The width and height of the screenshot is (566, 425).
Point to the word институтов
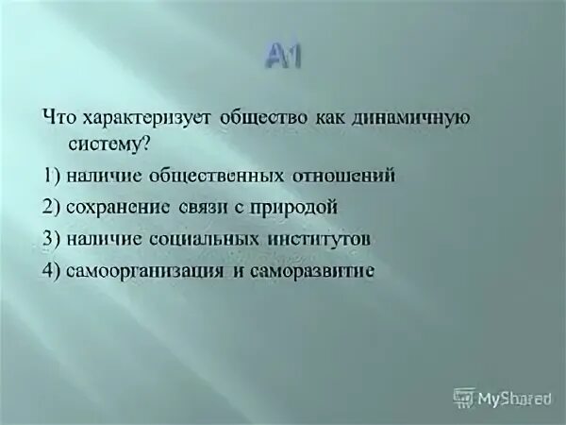[322, 239]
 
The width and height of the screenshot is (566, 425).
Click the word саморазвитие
[312, 271]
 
